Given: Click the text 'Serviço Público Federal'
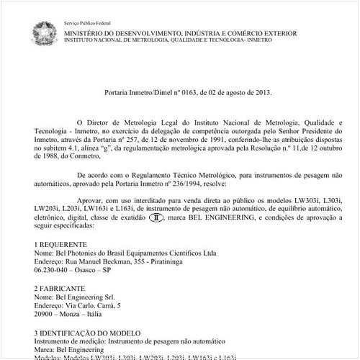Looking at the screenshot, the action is click(x=86, y=24).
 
